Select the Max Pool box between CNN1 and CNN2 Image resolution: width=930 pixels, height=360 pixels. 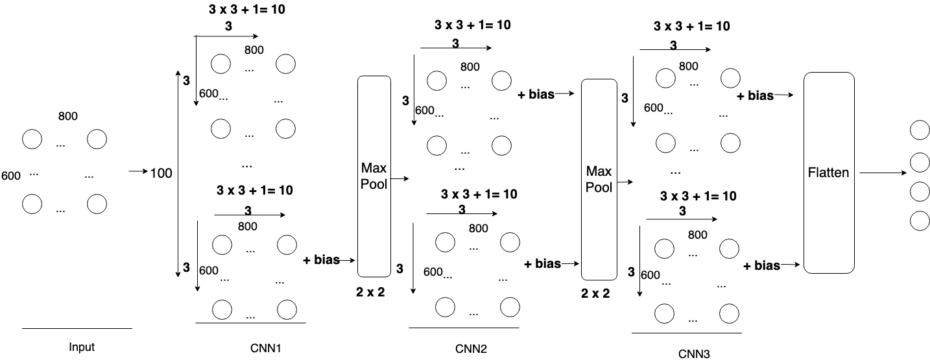(374, 176)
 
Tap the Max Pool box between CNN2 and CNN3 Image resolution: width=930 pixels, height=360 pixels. (599, 179)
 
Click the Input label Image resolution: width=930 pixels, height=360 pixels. (82, 347)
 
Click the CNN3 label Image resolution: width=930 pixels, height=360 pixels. (694, 354)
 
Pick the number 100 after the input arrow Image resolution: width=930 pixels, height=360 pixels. (161, 173)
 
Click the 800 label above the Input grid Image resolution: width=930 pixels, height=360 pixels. (67, 116)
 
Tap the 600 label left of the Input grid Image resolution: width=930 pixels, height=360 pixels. (11, 176)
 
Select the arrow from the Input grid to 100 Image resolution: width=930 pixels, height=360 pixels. (137, 172)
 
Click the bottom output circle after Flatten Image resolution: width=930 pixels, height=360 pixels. (919, 221)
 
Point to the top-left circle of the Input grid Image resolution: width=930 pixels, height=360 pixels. (32, 139)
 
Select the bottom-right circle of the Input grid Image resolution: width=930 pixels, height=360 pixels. (97, 204)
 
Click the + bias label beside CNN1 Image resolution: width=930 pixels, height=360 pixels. (321, 260)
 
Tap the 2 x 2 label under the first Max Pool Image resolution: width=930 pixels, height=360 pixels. (370, 292)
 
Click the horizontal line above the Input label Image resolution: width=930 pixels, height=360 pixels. (77, 329)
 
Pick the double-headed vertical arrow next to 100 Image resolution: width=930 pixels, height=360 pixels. (178, 174)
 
